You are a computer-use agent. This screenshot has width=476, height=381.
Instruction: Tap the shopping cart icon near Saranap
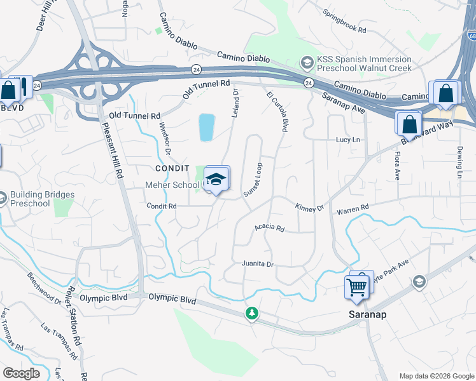click(x=357, y=287)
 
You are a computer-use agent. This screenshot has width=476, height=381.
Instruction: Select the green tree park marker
click(x=253, y=313)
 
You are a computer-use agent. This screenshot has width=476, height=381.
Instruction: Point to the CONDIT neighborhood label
click(x=172, y=168)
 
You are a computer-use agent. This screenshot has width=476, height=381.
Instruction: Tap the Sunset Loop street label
click(x=253, y=180)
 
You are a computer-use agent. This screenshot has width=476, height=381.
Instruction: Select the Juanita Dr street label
click(x=257, y=264)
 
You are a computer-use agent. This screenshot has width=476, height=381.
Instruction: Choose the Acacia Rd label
click(x=269, y=227)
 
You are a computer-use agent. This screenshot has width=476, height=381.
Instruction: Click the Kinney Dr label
click(x=309, y=207)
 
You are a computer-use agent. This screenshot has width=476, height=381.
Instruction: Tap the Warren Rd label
click(x=353, y=208)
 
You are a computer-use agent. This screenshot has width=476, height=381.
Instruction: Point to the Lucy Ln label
click(x=348, y=140)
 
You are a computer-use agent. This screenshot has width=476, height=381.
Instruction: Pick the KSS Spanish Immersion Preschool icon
click(x=307, y=62)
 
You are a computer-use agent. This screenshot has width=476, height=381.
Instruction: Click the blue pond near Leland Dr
click(x=206, y=127)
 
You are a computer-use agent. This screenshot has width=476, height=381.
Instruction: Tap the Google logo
click(x=21, y=373)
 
